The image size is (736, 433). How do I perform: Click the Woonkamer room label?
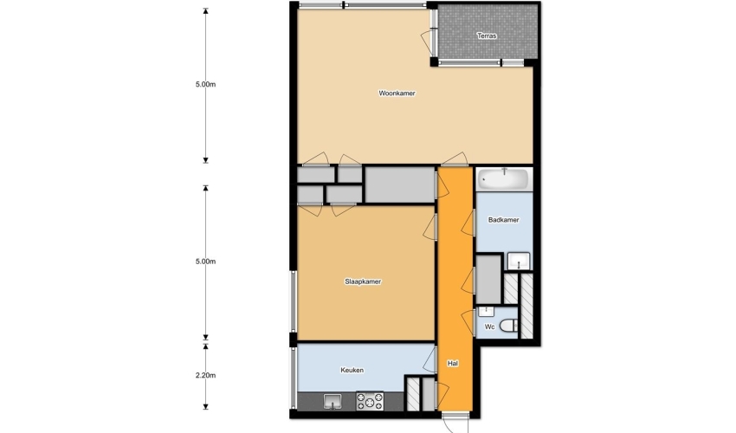tap(397, 93)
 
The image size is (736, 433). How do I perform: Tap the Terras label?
tap(487, 36)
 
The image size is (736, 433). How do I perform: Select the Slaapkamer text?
tap(363, 281)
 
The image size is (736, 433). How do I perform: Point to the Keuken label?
tap(352, 370)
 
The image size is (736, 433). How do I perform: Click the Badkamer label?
tap(503, 219)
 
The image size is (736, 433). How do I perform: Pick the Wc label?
tap(489, 326)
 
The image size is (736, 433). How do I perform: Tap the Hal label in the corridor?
tap(453, 363)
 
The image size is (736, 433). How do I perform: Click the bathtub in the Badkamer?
tap(504, 179)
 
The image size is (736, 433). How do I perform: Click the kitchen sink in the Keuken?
tap(332, 402)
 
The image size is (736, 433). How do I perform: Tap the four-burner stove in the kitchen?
tap(370, 401)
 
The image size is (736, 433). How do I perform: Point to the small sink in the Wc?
tap(486, 311)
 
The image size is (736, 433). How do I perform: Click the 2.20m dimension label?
tap(205, 375)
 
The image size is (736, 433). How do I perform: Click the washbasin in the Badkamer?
tap(519, 262)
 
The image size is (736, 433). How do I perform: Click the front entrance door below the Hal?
tap(455, 423)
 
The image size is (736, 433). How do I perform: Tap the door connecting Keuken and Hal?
tap(429, 360)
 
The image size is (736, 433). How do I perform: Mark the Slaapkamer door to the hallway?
tap(430, 227)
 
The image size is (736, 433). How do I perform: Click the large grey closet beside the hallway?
tap(400, 184)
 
